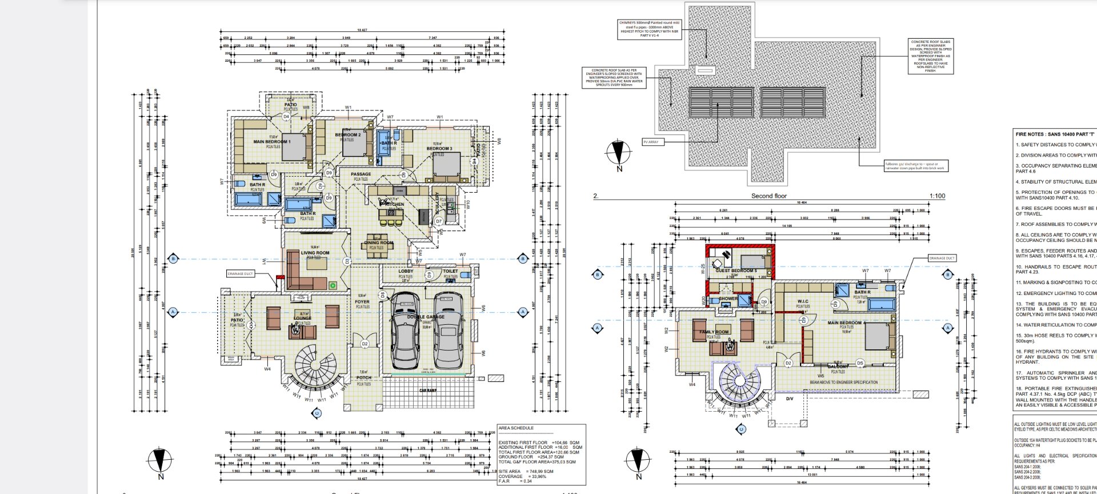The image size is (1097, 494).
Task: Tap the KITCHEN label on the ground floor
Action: pos(394,204)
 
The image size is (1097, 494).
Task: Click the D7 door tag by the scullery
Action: pos(439,221)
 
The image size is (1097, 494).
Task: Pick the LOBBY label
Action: pos(406,271)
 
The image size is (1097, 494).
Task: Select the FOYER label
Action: pos(362,301)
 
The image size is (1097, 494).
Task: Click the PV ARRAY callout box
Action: pos(654,142)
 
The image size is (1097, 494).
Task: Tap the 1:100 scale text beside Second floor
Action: pos(937,196)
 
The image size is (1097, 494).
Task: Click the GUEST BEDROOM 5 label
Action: pos(736,270)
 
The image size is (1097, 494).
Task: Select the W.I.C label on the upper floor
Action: pos(803,301)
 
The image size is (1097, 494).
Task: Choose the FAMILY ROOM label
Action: pos(714,332)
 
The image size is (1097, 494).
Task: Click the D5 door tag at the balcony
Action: pos(860,362)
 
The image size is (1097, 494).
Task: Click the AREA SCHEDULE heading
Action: pos(516,428)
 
